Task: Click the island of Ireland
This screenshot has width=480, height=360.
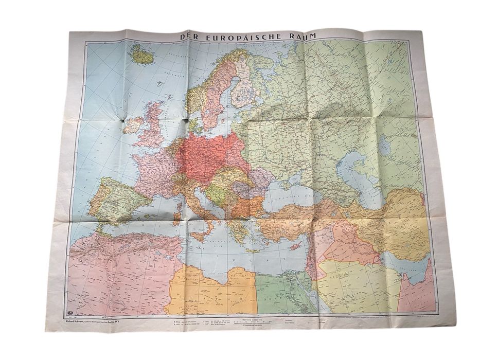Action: pos(133,124)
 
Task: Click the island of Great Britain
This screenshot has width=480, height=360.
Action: pos(154,123)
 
